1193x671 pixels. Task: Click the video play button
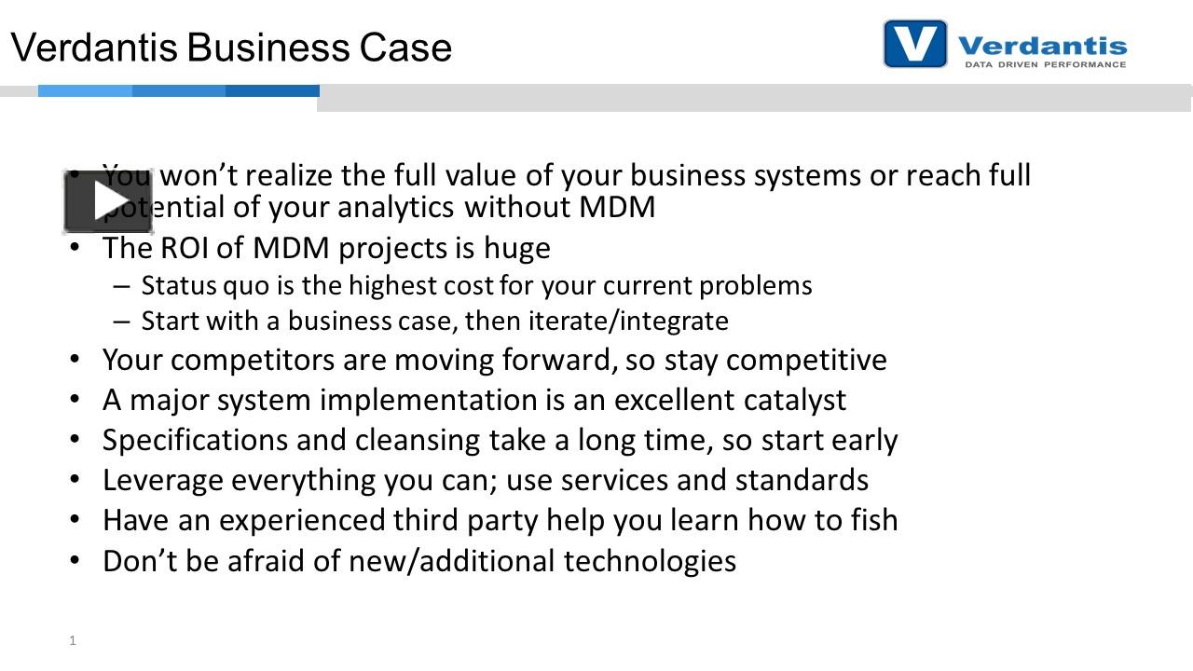coord(108,201)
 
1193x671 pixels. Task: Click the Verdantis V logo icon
coord(914,44)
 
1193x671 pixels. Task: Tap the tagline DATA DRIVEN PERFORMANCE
coord(1045,65)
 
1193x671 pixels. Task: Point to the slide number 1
coord(72,640)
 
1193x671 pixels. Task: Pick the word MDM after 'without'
coord(617,206)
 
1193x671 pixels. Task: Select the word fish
coord(871,519)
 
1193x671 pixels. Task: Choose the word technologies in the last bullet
coord(650,560)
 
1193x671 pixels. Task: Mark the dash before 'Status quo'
coord(121,285)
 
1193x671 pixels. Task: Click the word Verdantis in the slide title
coord(106,48)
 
